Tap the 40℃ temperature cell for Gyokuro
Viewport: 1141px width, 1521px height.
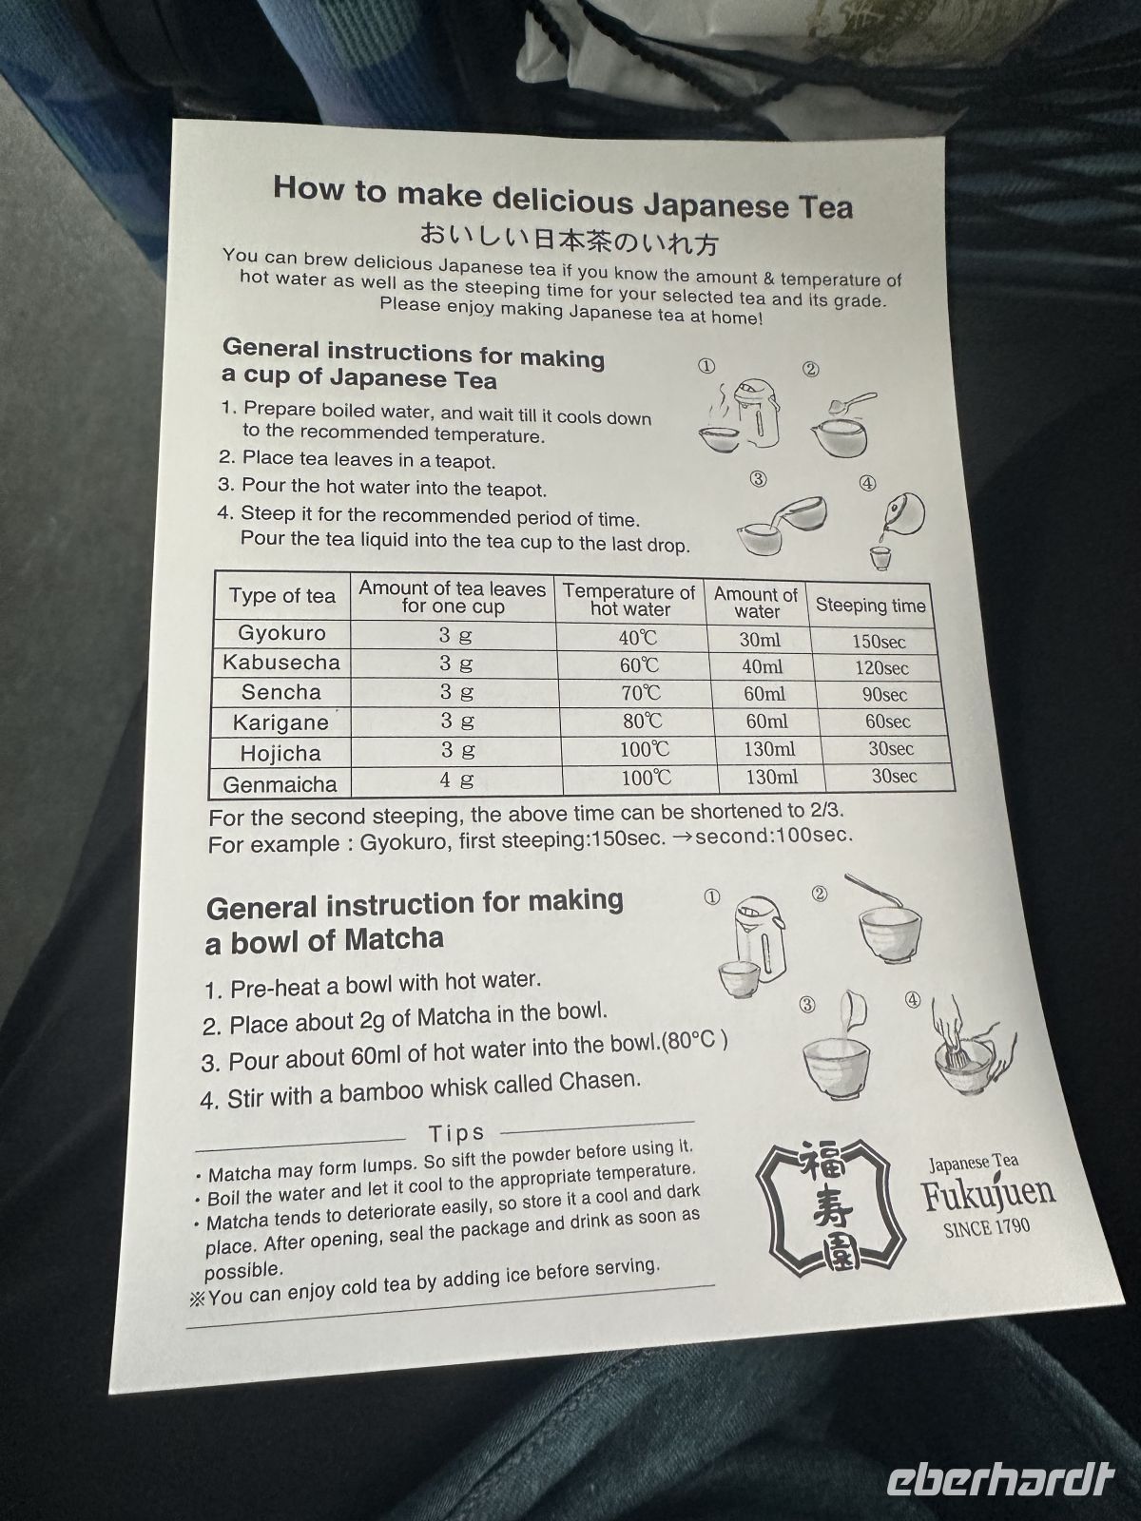pos(638,637)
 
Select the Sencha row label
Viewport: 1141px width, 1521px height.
pos(281,692)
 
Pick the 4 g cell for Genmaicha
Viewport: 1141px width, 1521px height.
pos(456,780)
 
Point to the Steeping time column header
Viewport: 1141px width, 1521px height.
pos(870,606)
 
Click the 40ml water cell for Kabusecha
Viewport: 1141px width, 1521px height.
pos(762,666)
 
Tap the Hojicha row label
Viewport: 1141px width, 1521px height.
pos(280,753)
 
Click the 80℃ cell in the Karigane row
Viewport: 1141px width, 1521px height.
pos(642,722)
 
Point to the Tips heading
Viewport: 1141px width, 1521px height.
pos(456,1134)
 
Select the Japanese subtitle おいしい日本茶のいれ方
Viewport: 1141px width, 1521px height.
pos(569,238)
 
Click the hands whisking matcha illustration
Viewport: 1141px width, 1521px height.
pos(973,1046)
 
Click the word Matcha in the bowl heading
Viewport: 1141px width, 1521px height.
pos(395,940)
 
